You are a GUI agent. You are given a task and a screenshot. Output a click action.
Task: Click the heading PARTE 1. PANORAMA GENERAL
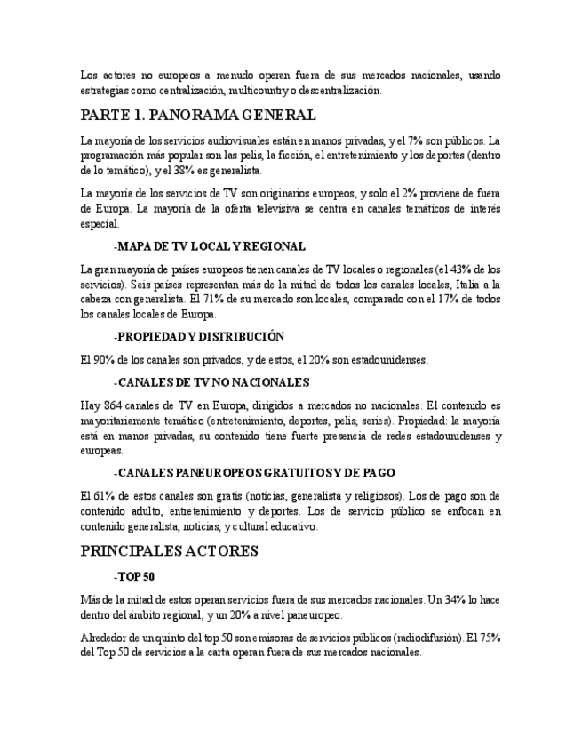point(197,116)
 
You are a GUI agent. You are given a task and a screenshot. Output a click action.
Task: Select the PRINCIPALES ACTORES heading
point(169,551)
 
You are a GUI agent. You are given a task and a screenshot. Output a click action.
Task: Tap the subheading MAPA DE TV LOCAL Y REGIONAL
point(211,245)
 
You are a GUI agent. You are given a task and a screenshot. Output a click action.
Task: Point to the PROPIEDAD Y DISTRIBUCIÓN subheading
point(200,336)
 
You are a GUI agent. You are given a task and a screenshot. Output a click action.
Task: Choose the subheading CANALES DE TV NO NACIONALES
point(212,382)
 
